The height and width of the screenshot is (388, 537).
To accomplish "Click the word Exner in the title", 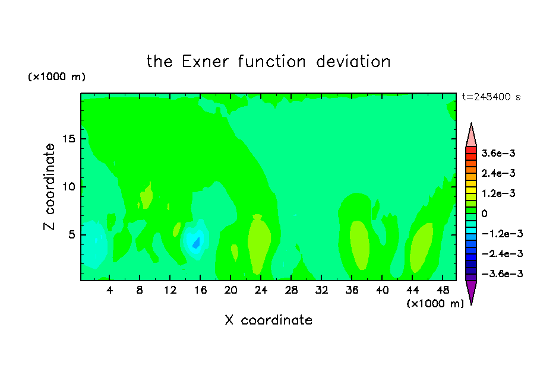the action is click(205, 62).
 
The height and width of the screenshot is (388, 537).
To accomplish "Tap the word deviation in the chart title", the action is click(353, 62).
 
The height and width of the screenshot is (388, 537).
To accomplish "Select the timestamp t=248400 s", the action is click(491, 97).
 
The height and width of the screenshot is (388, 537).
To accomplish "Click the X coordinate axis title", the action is click(269, 320).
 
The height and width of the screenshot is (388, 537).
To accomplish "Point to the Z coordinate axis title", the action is click(49, 187).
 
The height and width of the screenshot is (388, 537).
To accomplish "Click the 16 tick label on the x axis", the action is click(200, 290).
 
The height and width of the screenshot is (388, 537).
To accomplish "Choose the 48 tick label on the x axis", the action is click(443, 290).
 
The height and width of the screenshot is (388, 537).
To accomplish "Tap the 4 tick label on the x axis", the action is click(109, 290).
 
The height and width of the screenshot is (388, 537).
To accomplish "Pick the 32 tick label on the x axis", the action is click(321, 290).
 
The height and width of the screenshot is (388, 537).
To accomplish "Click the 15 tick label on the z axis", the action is click(68, 139).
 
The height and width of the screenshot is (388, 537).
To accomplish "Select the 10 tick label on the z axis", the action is click(68, 187).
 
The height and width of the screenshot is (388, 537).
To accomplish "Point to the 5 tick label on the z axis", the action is click(71, 235).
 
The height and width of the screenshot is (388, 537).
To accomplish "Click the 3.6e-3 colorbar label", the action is click(498, 153).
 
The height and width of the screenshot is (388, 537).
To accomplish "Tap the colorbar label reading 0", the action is click(484, 214).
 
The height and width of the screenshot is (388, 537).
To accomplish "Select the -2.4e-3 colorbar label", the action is click(503, 253).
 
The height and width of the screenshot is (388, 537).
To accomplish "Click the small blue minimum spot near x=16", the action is click(196, 243).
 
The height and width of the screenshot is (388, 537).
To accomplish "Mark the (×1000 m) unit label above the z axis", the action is click(56, 77).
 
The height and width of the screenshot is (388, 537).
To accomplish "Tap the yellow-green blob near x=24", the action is click(259, 244).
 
